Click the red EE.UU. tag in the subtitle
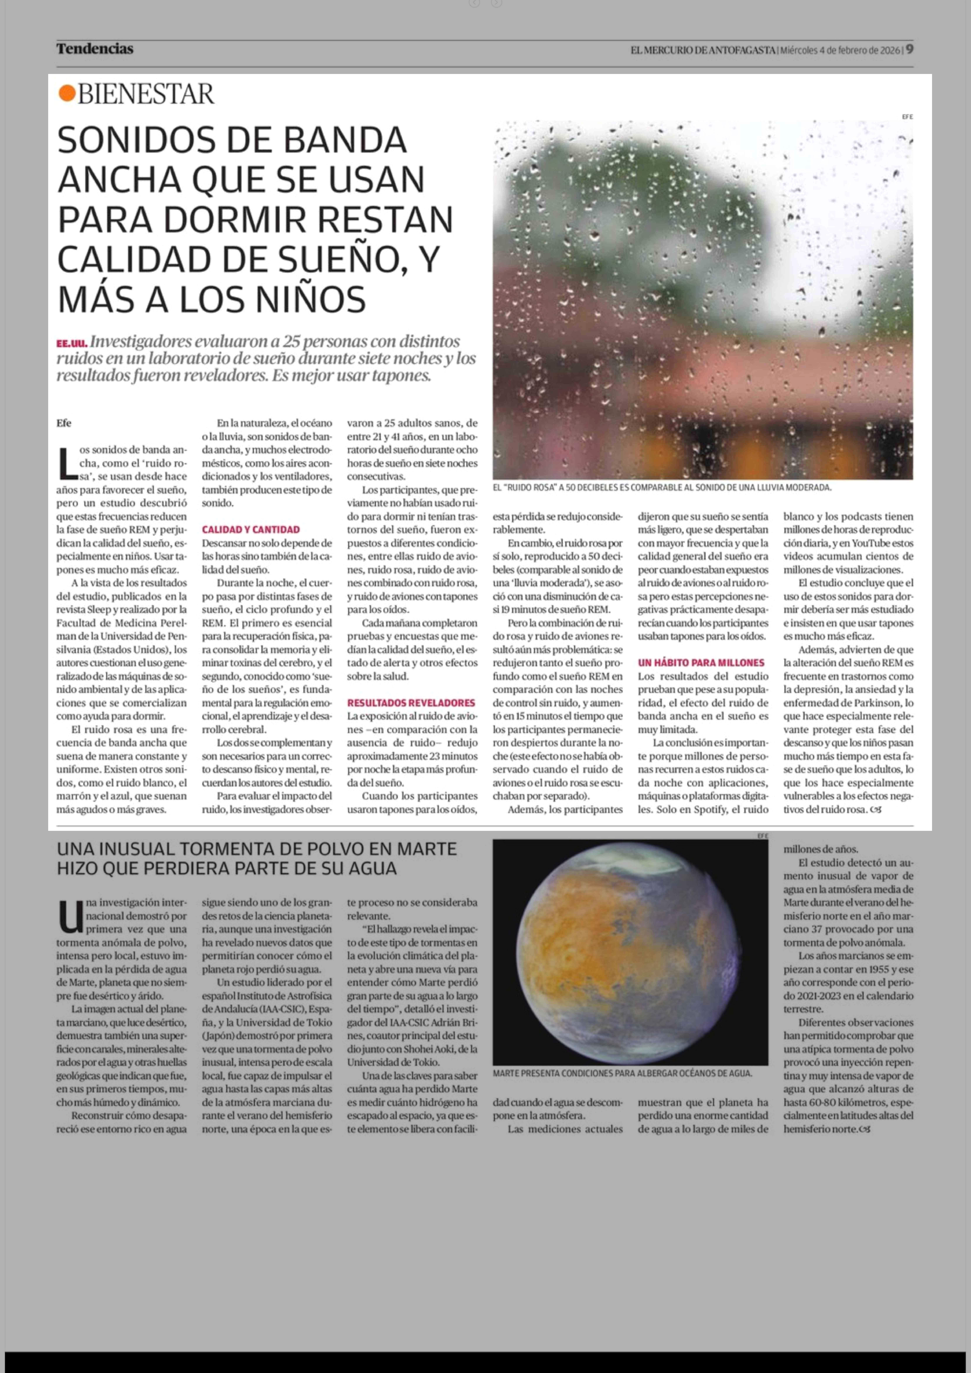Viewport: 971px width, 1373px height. tap(72, 344)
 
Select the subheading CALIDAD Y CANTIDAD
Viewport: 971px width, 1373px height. tap(251, 530)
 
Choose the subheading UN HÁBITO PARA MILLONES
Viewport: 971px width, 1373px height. tap(701, 663)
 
